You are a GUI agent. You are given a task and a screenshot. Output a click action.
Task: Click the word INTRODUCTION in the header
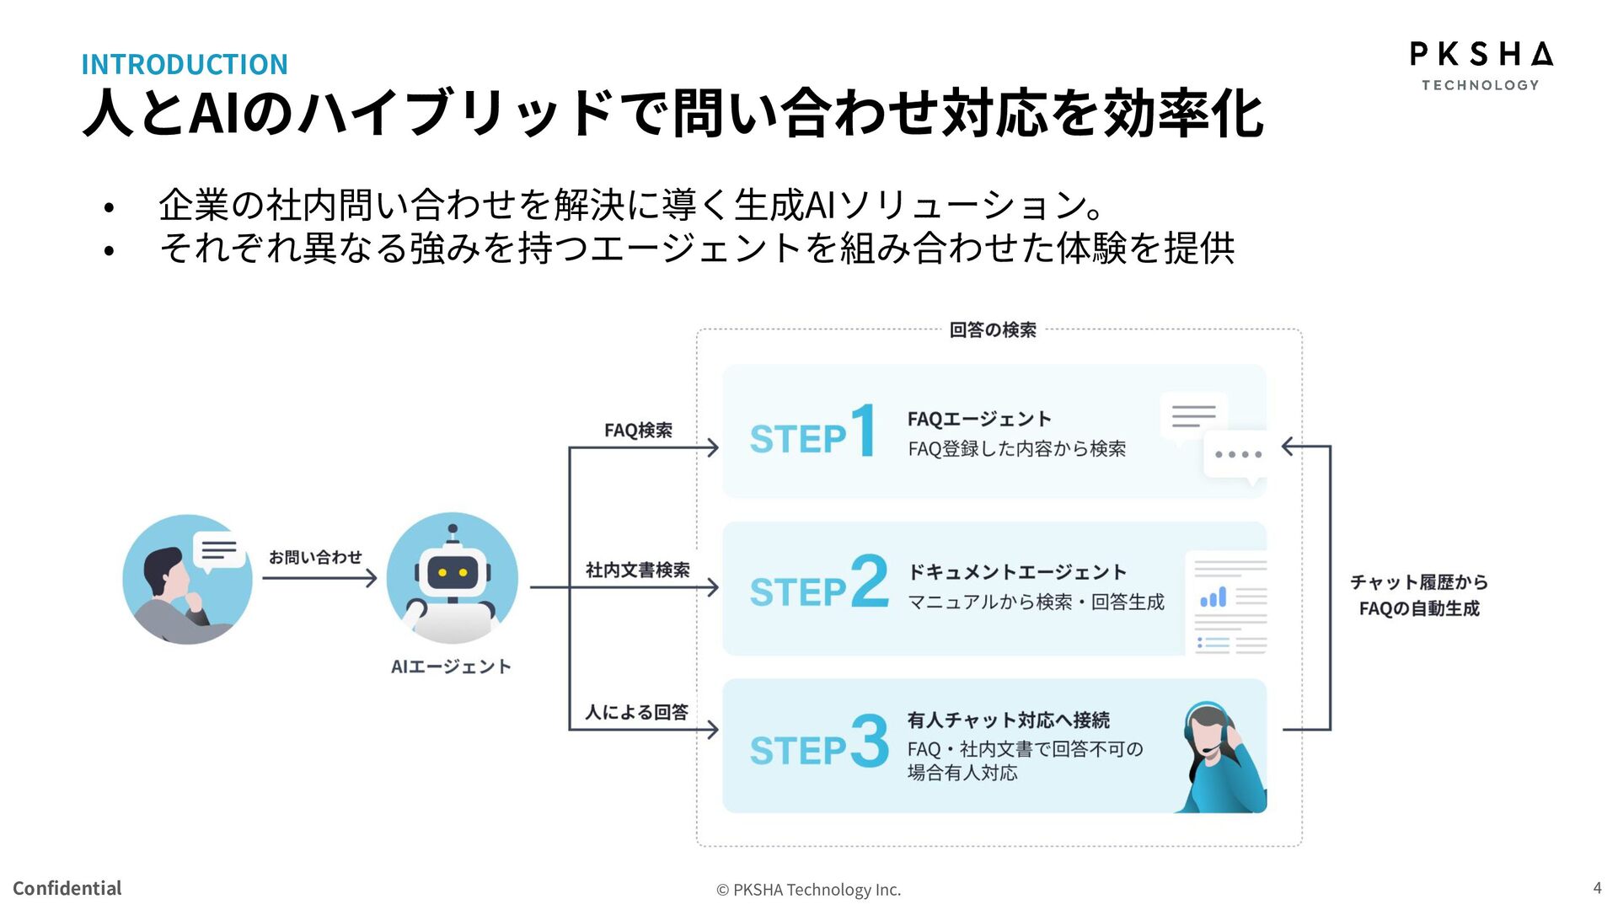(185, 64)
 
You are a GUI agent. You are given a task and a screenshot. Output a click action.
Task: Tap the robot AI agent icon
(452, 579)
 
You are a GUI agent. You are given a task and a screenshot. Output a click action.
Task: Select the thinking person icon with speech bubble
(187, 580)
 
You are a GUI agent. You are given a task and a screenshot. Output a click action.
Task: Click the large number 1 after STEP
(863, 431)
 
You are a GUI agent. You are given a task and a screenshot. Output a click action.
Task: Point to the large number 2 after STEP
(870, 581)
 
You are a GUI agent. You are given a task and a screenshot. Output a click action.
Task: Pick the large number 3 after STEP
(870, 741)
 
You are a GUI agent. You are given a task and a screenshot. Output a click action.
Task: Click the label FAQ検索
(638, 431)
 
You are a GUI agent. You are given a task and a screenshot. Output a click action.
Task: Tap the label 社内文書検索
(638, 570)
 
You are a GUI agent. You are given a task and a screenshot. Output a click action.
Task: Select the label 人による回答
(637, 712)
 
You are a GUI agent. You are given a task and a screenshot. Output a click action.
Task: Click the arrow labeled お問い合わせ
(319, 578)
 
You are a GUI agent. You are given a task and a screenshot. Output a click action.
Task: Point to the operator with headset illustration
(1221, 756)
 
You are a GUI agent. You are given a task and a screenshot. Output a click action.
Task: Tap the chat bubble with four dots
(1236, 455)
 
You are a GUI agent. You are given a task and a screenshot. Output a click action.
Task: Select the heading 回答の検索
(993, 329)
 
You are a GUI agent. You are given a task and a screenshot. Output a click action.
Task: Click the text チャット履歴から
(1419, 582)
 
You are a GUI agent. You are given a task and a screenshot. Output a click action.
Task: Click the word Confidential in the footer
(67, 888)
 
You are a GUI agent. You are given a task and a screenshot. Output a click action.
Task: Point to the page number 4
(1597, 887)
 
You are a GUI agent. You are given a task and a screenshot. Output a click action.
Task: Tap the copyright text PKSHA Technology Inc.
(809, 890)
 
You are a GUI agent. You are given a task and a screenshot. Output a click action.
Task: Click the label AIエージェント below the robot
(451, 666)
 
